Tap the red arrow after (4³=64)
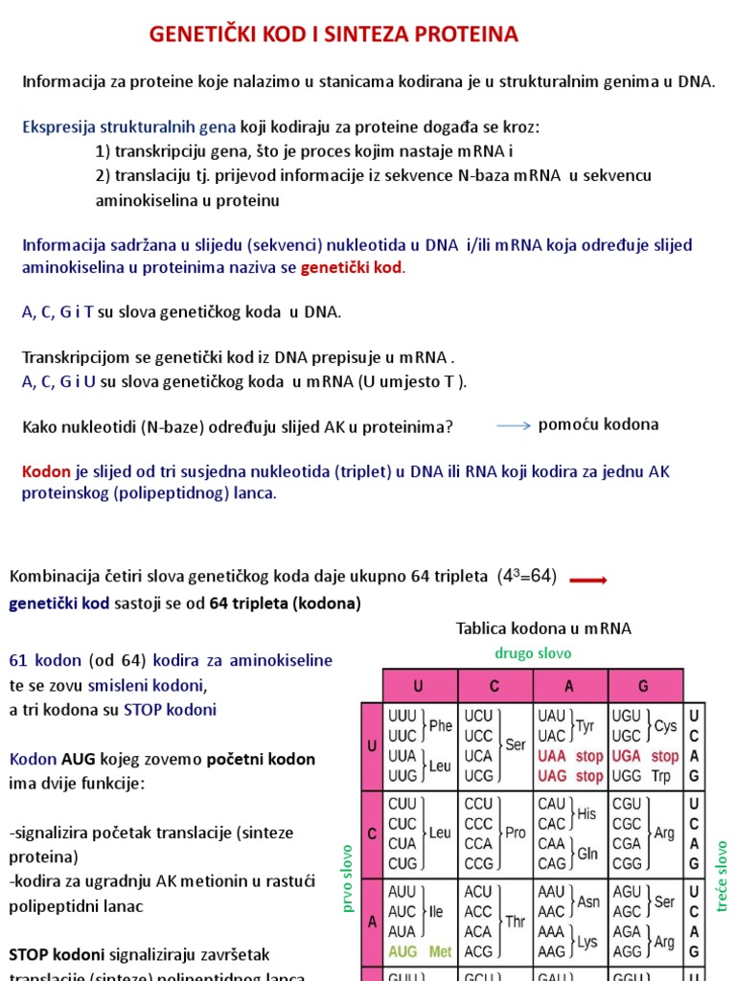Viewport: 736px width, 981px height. [588, 580]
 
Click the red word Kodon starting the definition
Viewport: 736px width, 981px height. [46, 471]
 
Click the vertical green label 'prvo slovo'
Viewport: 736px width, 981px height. [348, 876]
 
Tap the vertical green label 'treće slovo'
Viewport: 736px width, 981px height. [722, 876]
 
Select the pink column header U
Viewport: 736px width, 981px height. [419, 686]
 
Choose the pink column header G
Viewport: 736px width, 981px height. [644, 686]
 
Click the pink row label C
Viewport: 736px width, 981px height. [372, 833]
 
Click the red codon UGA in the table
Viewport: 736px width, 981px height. [626, 757]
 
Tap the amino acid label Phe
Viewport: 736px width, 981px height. [440, 726]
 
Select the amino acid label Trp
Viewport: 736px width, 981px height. [661, 776]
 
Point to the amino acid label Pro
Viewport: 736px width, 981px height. [516, 833]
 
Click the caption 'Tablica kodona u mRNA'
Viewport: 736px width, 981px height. [543, 628]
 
